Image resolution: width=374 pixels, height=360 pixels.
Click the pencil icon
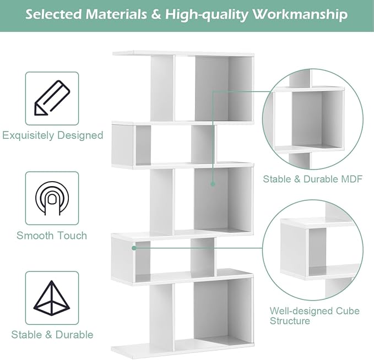(52, 98)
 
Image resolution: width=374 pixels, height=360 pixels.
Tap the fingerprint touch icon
(52, 198)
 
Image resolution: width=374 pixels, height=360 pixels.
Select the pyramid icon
(52, 298)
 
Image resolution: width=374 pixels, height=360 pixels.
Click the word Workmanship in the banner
(300, 15)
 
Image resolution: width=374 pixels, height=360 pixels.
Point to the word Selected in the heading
(53, 14)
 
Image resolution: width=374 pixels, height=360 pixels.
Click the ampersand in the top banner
(156, 14)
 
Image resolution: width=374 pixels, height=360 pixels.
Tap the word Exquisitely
(28, 135)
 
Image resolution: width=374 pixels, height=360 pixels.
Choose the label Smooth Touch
(52, 236)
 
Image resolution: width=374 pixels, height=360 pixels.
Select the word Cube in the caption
(348, 311)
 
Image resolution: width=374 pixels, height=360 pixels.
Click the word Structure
(290, 321)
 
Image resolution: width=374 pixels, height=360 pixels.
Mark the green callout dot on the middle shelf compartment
(213, 184)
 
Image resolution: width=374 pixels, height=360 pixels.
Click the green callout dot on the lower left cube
(134, 248)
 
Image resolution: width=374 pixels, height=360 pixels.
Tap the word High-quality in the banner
(207, 15)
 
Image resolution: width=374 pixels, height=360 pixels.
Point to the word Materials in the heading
(116, 14)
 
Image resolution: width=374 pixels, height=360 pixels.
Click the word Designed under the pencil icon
(80, 135)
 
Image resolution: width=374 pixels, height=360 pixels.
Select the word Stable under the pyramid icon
(26, 335)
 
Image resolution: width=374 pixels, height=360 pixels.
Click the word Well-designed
(301, 311)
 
